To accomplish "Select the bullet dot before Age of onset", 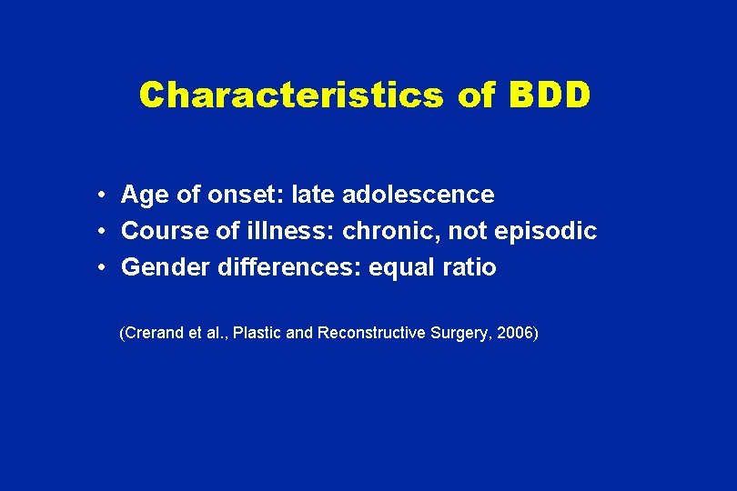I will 106,195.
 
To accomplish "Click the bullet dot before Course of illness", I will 106,232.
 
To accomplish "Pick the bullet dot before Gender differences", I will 106,268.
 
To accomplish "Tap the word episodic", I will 545,231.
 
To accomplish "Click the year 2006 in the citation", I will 518,334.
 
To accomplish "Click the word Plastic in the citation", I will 257,334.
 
